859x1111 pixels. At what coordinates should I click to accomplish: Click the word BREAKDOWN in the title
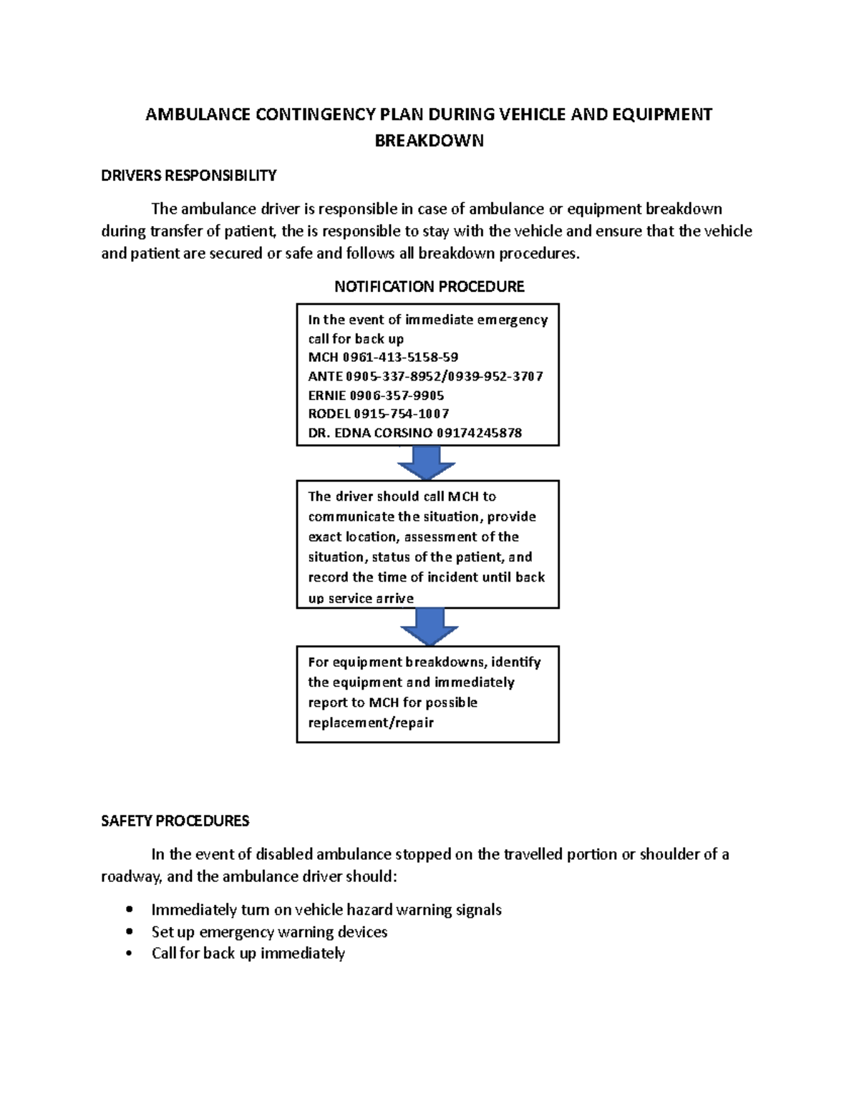429,140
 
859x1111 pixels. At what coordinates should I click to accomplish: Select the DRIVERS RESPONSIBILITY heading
188,175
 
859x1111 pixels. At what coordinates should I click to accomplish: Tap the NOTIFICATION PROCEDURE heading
429,286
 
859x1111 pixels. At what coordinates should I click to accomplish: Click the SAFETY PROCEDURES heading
175,821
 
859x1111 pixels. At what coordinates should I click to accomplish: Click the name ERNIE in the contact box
326,395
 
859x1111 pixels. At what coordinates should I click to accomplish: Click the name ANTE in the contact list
325,376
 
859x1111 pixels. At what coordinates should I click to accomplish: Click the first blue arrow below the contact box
427,463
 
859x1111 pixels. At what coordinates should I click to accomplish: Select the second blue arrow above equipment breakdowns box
429,627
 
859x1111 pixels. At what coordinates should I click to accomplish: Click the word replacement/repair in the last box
371,723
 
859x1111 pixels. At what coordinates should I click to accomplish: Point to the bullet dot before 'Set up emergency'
129,931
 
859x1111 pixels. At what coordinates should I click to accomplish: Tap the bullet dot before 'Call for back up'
129,953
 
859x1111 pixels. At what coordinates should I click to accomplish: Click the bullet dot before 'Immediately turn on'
129,910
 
